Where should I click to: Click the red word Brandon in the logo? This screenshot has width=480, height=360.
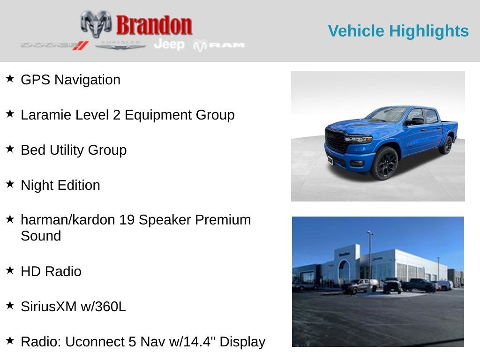(154, 25)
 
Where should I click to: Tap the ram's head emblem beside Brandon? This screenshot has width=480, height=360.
(96, 24)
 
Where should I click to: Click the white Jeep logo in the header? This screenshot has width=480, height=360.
(169, 45)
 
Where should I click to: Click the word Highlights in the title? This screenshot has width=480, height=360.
(429, 31)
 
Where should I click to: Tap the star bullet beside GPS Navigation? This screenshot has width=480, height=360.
(10, 78)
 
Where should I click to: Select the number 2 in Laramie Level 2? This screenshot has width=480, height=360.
(116, 115)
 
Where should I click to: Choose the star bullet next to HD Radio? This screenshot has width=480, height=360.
(10, 270)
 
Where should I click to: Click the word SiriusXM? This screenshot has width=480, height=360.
(49, 307)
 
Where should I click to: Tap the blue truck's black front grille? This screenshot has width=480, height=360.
(336, 141)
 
